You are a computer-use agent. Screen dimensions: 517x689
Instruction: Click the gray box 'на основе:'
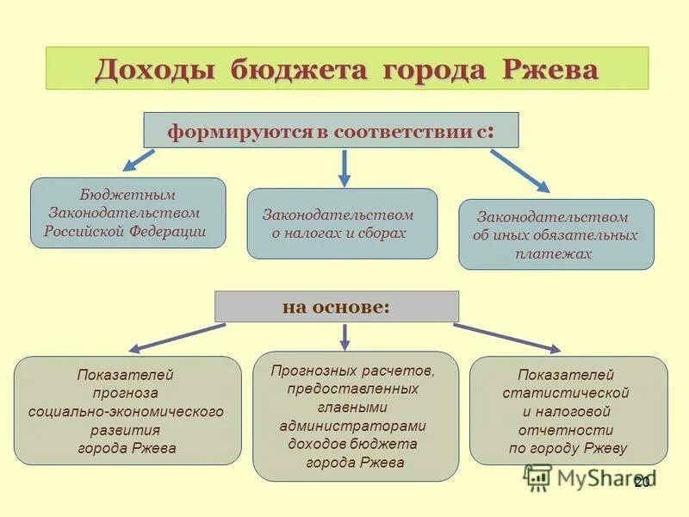336,307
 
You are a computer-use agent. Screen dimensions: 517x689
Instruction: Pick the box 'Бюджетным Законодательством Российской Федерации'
127,213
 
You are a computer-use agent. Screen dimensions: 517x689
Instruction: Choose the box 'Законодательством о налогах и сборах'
342,223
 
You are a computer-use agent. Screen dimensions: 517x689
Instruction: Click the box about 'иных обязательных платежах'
556,234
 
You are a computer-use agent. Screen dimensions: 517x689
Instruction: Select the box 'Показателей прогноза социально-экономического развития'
127,410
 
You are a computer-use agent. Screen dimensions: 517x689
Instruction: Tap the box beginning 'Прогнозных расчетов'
355,415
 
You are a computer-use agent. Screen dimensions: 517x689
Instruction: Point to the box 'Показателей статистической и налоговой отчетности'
568,410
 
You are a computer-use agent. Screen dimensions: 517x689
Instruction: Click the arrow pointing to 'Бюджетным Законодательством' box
138,159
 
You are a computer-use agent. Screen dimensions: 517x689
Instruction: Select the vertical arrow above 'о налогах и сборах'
344,167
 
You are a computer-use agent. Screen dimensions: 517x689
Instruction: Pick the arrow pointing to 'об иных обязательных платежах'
520,170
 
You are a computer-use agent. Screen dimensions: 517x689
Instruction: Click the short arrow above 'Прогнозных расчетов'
344,336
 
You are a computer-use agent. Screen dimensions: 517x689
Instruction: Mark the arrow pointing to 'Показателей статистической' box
508,338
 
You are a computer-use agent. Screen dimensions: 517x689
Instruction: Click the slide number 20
641,483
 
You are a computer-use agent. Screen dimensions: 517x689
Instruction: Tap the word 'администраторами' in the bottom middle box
353,426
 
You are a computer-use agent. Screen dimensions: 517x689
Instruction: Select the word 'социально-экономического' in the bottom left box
126,412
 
